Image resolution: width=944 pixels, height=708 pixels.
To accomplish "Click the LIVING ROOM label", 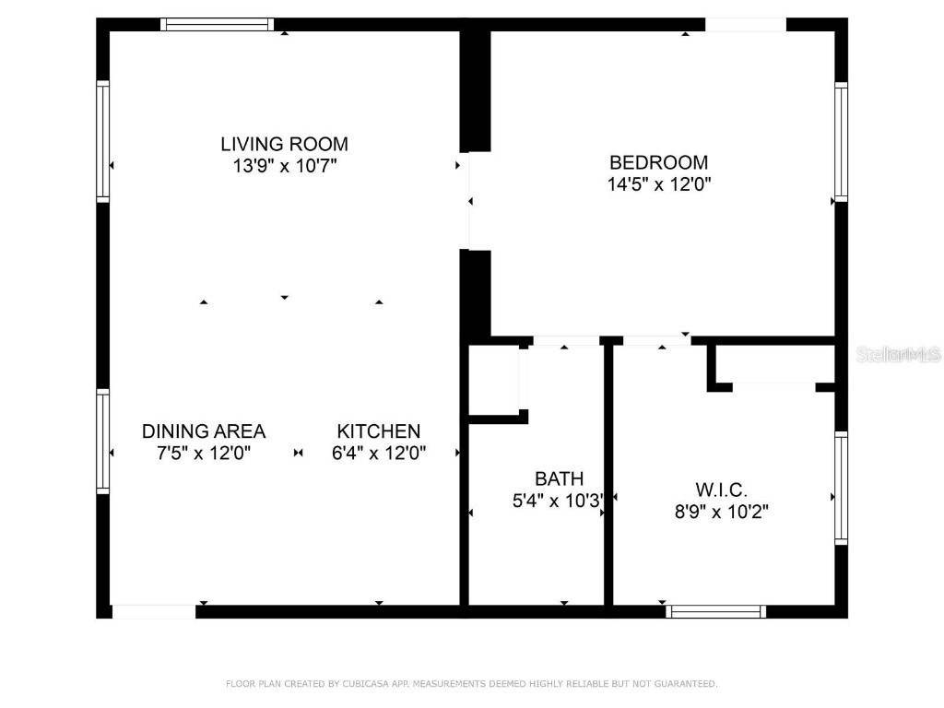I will tap(284, 144).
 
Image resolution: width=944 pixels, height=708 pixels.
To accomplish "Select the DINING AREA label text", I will tap(203, 431).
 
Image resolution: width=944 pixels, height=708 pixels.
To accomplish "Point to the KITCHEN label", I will tap(378, 431).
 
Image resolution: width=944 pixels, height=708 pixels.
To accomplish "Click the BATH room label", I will tap(559, 478).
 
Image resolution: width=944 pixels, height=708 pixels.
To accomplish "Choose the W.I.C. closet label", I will tap(721, 490).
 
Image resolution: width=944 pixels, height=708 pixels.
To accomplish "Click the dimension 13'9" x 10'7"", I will tap(284, 167).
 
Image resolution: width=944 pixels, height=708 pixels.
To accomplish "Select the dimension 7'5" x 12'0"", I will tap(203, 454).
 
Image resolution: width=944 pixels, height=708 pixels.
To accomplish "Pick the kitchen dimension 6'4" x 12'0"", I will tap(378, 454).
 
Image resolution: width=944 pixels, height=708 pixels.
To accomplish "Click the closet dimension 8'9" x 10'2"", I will tap(721, 512).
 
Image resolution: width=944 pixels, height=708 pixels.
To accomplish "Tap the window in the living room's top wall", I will tap(218, 25).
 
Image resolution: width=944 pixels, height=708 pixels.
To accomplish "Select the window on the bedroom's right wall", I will tap(841, 141).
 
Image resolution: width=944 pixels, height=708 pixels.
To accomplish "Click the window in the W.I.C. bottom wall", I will tap(716, 610).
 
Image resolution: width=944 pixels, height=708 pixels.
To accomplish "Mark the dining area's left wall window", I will tap(103, 441).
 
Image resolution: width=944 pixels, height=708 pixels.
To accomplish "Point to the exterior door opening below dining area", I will tap(154, 610).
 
